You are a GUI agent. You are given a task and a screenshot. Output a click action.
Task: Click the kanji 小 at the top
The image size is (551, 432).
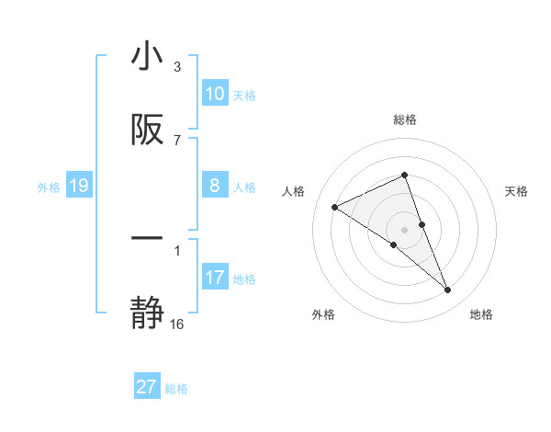click(147, 57)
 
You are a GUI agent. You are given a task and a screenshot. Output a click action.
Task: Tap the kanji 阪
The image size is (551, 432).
click(147, 131)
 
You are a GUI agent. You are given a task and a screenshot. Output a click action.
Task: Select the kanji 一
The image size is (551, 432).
click(147, 237)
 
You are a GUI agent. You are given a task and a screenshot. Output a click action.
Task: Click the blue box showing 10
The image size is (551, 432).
click(215, 94)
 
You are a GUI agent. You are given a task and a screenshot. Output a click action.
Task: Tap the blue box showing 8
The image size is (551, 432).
click(215, 186)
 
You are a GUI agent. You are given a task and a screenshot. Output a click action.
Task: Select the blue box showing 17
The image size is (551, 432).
click(215, 278)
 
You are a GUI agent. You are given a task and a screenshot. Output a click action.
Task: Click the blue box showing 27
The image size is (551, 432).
click(147, 387)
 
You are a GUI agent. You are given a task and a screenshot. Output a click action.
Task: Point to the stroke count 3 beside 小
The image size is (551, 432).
click(177, 67)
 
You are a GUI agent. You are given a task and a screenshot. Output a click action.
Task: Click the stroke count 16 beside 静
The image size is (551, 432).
click(177, 324)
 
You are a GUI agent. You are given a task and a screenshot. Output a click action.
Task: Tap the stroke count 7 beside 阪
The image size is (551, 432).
click(177, 140)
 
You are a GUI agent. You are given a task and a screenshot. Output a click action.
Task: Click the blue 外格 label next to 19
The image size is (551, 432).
click(49, 188)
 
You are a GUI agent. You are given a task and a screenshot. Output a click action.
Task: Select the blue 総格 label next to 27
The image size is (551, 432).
click(176, 389)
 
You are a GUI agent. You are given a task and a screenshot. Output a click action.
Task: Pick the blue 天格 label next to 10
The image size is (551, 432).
click(244, 96)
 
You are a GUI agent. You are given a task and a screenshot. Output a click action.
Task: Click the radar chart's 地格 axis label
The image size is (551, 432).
click(481, 315)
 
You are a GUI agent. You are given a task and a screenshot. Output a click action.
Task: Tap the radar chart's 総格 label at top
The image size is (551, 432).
click(405, 119)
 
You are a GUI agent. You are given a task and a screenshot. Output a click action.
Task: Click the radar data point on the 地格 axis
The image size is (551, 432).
click(448, 290)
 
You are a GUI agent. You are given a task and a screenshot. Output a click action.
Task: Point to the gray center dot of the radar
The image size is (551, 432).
click(405, 229)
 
